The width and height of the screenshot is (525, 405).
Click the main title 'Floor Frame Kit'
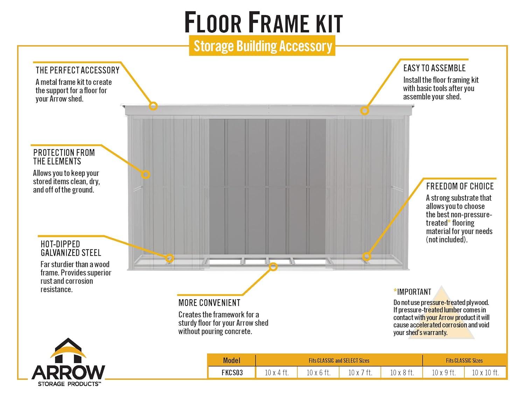pyautogui.click(x=263, y=23)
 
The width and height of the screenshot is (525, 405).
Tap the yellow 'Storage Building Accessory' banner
pyautogui.click(x=262, y=46)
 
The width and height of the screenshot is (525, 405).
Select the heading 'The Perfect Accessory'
pyautogui.click(x=77, y=70)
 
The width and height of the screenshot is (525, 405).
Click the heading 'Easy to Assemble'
pyautogui.click(x=434, y=68)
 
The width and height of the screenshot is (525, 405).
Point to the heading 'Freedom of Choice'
pyautogui.click(x=460, y=186)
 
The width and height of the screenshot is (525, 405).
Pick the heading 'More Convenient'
pyautogui.click(x=209, y=303)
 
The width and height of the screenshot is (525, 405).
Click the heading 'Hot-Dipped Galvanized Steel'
pyautogui.click(x=71, y=248)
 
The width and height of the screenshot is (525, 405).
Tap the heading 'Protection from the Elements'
pyautogui.click(x=64, y=157)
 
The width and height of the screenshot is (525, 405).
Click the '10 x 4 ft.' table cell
pyautogui.click(x=276, y=373)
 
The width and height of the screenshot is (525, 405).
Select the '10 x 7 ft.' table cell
pyautogui.click(x=360, y=373)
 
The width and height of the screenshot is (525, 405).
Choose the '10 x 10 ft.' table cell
pyautogui.click(x=485, y=373)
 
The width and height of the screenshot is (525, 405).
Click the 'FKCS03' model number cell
pyautogui.click(x=232, y=373)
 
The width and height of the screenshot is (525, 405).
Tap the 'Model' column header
pyautogui.click(x=232, y=360)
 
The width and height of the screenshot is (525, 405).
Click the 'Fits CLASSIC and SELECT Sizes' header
pyautogui.click(x=339, y=360)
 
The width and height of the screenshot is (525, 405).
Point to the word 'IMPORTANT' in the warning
pyautogui.click(x=414, y=292)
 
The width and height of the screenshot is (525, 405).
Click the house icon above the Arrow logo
pyautogui.click(x=69, y=351)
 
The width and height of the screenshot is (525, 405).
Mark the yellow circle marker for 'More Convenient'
pyautogui.click(x=273, y=267)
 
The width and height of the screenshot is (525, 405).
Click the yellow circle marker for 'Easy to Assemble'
pyautogui.click(x=365, y=111)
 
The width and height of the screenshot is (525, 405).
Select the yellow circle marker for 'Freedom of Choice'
pyautogui.click(x=366, y=256)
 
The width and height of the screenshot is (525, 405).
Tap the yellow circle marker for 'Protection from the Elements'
pyautogui.click(x=146, y=174)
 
